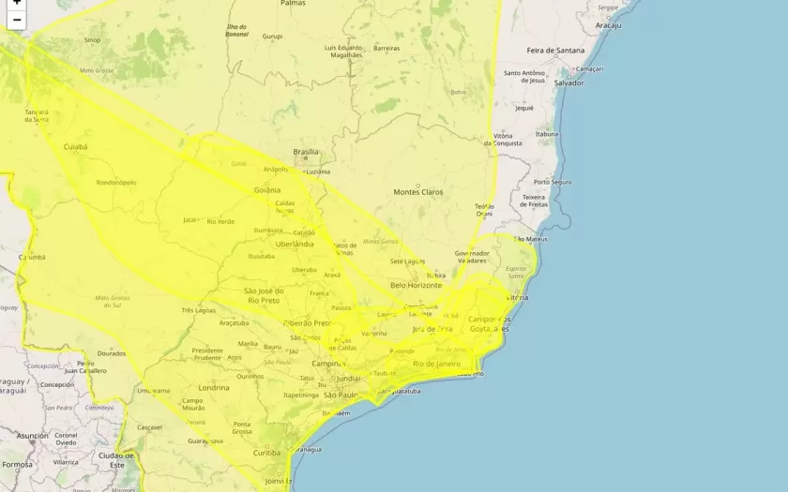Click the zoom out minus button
(16, 20)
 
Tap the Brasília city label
(306, 152)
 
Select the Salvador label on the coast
(568, 82)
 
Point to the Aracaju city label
(608, 25)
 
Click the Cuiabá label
(75, 147)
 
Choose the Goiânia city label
(266, 189)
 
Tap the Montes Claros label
(417, 192)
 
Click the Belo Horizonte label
(417, 285)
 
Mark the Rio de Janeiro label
(436, 363)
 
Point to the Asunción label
(32, 436)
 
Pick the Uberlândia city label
(295, 244)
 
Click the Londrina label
(214, 387)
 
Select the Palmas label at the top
(293, 4)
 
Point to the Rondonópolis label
(116, 183)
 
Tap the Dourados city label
(111, 353)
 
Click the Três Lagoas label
(199, 310)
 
